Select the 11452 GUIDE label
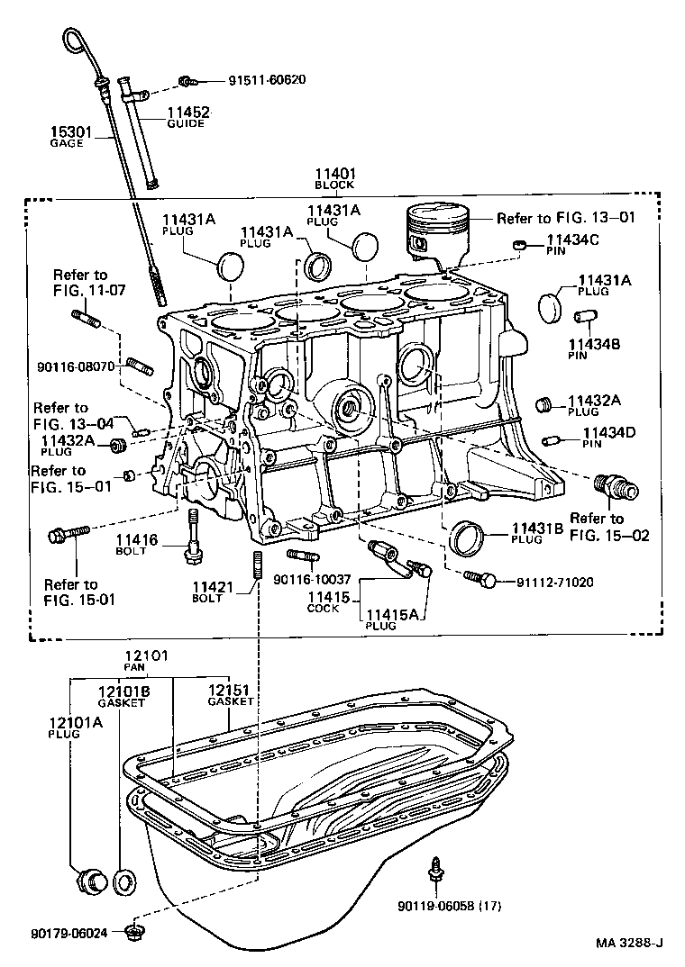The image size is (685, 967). (x=187, y=117)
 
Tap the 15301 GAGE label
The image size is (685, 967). (x=69, y=137)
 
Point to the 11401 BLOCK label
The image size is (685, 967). (x=334, y=178)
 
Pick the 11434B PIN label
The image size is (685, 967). (x=590, y=348)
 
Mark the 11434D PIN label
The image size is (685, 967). (x=609, y=438)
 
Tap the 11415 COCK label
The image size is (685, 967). (x=323, y=601)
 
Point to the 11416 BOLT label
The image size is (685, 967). (x=136, y=545)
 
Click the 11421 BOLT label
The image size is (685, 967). (x=213, y=592)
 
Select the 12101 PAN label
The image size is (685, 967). (x=146, y=660)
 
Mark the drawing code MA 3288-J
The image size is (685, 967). (x=628, y=944)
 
